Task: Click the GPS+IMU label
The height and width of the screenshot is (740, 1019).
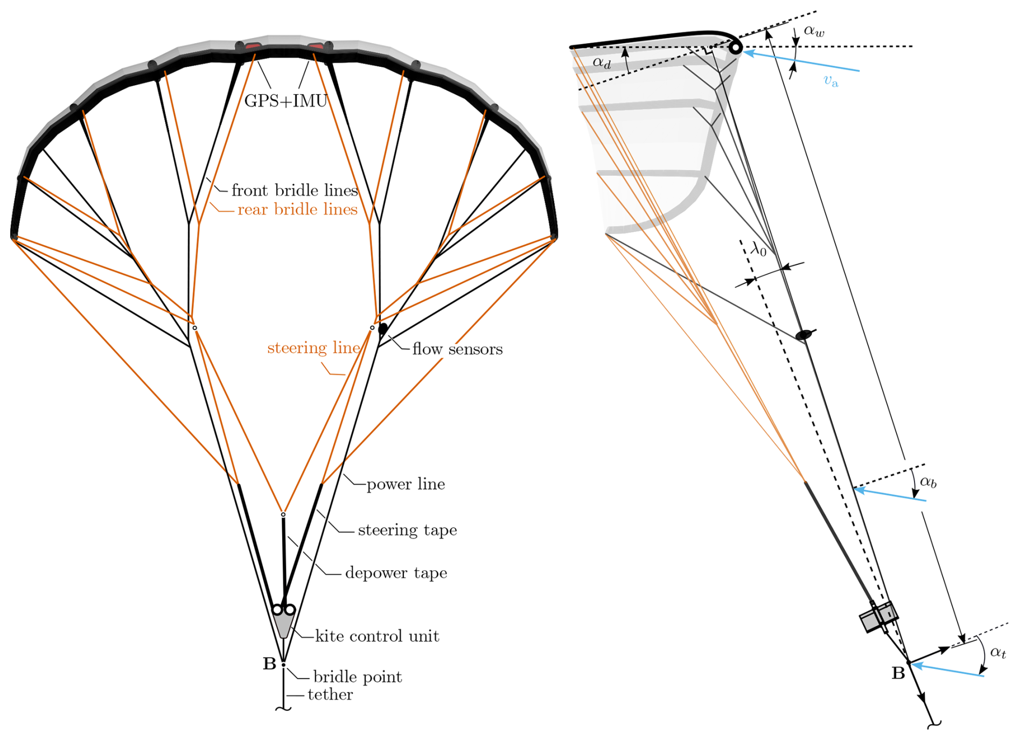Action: click(285, 101)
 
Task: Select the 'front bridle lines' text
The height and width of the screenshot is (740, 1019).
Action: click(294, 190)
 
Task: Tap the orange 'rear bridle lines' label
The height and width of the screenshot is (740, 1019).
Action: click(297, 209)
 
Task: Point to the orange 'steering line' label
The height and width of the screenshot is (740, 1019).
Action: click(313, 348)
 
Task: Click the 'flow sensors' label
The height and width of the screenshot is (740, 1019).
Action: click(457, 349)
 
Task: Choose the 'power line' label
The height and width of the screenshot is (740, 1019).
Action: click(406, 484)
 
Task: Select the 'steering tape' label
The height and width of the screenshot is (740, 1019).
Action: click(407, 530)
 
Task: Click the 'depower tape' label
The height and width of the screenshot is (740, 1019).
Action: click(396, 573)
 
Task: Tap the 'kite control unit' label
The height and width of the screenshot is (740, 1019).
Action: click(377, 636)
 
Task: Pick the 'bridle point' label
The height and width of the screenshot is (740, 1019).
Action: click(358, 676)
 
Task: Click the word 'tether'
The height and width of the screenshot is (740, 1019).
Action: click(330, 694)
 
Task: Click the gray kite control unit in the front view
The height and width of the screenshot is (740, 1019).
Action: click(283, 625)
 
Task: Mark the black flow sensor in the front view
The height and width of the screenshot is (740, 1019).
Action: click(383, 329)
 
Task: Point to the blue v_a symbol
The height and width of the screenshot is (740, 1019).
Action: click(831, 81)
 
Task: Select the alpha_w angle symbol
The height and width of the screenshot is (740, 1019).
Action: click(814, 31)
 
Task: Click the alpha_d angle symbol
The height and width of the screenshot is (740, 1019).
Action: click(602, 62)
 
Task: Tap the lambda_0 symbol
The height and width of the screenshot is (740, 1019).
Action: click(758, 249)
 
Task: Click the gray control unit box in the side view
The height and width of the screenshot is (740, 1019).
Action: click(878, 617)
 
